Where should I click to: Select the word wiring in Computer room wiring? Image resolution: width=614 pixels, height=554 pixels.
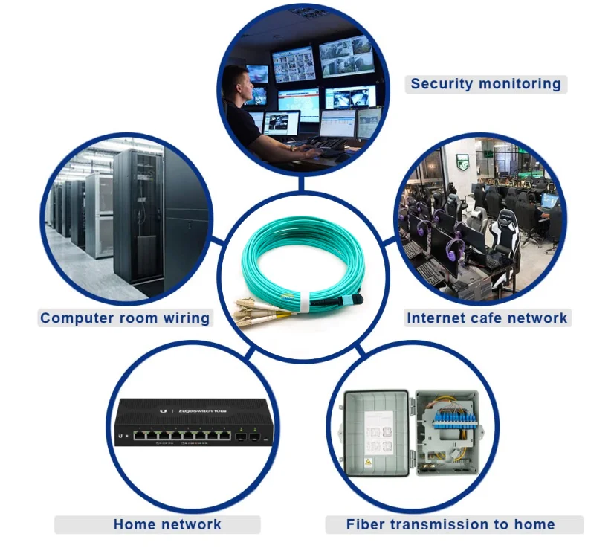(x=187, y=318)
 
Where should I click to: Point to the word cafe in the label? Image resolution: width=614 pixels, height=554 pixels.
(x=484, y=318)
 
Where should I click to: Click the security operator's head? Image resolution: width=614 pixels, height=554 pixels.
(x=236, y=81)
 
